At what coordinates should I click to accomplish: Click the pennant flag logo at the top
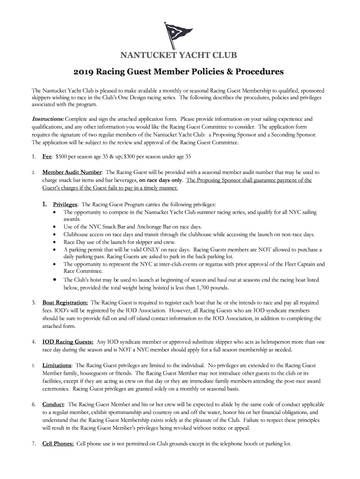179,36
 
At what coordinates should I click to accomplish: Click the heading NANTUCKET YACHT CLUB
180,56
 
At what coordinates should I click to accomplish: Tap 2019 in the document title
84,73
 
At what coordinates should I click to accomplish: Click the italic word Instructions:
48,119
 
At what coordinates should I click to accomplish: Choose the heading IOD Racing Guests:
68,342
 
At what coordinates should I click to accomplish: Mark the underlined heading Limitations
57,365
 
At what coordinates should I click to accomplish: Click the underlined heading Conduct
53,404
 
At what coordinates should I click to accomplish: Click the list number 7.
34,444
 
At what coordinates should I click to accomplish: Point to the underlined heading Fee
47,156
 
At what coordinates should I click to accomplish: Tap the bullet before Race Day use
56,242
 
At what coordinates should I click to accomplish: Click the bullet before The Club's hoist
56,279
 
